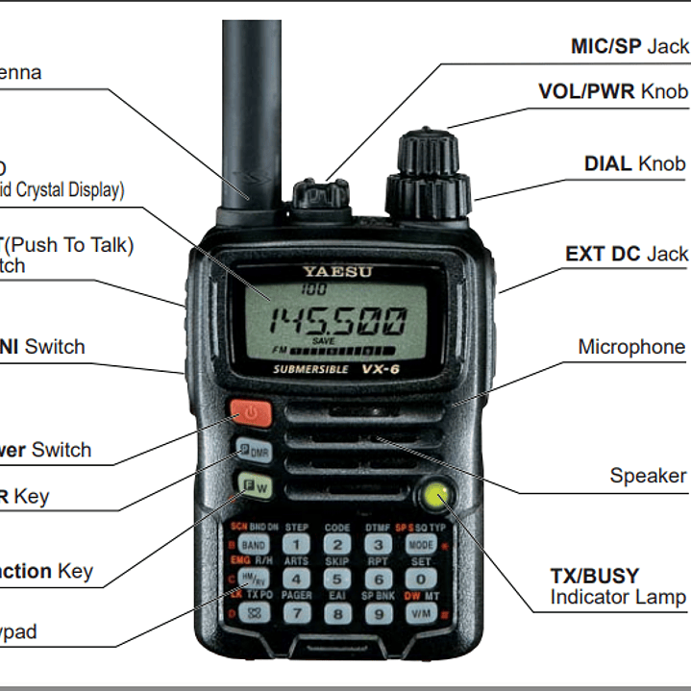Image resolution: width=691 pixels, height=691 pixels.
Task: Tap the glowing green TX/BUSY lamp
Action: (436, 496)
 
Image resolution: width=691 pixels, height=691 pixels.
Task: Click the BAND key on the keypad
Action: (254, 545)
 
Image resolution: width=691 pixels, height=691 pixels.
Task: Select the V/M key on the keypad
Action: (419, 612)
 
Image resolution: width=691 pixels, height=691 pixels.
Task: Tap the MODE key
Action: (420, 545)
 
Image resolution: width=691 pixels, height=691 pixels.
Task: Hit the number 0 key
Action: (420, 579)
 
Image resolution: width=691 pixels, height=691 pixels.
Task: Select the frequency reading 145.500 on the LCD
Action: (336, 321)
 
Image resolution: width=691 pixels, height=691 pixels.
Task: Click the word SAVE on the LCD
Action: (324, 341)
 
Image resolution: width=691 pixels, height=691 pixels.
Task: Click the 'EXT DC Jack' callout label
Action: (627, 254)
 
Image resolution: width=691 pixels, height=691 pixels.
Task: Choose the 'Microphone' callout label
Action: (631, 347)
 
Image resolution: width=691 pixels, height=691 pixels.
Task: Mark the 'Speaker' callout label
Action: (648, 476)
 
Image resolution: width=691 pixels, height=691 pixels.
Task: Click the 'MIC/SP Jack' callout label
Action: (629, 46)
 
